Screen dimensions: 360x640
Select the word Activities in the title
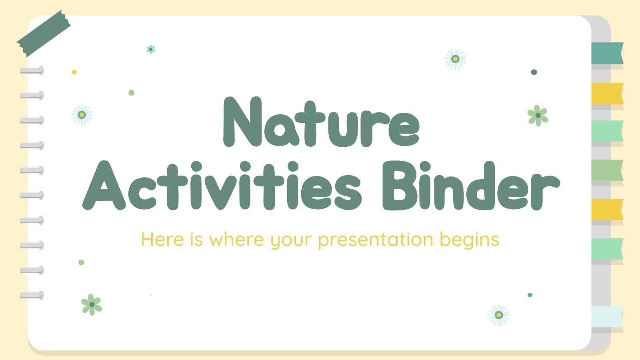[222, 186]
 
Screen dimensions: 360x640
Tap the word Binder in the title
[470, 186]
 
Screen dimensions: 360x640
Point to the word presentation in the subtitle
[376, 240]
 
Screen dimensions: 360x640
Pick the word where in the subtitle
[236, 240]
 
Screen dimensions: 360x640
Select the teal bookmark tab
[607, 53]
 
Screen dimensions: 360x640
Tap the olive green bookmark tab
[607, 170]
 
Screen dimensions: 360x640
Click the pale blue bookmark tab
[607, 316]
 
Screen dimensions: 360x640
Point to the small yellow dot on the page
[74, 72]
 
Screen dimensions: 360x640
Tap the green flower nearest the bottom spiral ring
[92, 305]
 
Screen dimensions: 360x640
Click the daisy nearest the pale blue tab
[498, 315]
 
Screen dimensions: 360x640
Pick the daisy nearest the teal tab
[455, 59]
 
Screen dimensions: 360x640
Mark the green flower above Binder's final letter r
[538, 116]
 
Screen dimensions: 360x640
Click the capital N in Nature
[242, 122]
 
